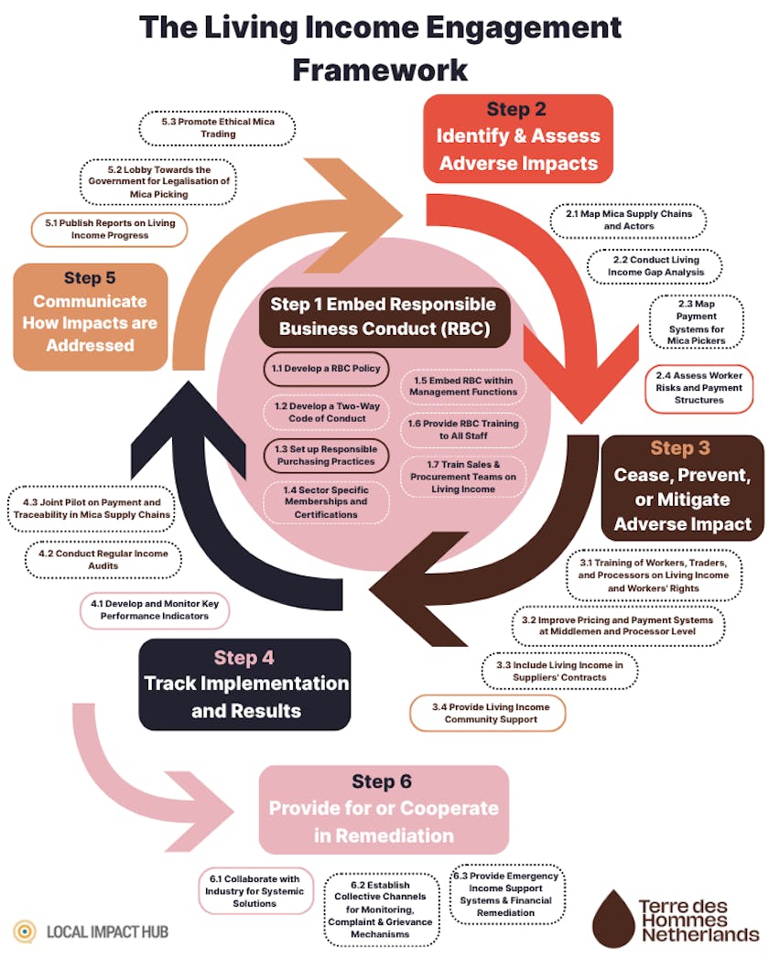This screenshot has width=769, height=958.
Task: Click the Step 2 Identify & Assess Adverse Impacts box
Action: [517, 136]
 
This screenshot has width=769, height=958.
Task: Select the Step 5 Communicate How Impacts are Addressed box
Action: [91, 317]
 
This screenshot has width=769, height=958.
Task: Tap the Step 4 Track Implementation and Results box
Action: [245, 684]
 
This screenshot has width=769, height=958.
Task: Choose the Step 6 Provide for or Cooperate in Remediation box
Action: [384, 809]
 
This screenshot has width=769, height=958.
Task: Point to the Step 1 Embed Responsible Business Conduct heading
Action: [383, 317]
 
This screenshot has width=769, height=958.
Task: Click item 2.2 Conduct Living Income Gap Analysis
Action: [654, 265]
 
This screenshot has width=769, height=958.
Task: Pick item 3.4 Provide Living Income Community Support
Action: [486, 713]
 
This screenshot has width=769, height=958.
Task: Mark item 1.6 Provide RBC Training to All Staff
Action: [464, 430]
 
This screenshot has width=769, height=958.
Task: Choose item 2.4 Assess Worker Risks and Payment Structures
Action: [699, 388]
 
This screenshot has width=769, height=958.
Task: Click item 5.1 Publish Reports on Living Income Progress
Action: [109, 229]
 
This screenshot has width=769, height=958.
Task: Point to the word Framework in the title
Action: [380, 69]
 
